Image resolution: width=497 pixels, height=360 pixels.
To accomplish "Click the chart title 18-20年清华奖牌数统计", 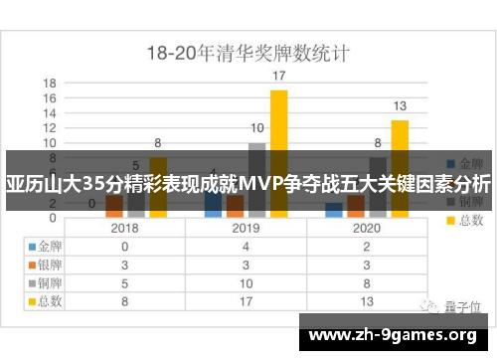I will [x=248, y=51].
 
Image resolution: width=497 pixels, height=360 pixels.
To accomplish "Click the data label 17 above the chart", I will [x=279, y=76].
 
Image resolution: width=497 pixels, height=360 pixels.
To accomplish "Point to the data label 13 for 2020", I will [x=400, y=105].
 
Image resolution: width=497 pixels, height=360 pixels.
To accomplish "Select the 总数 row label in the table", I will [x=47, y=299].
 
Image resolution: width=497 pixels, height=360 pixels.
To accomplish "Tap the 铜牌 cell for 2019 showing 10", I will [x=247, y=281].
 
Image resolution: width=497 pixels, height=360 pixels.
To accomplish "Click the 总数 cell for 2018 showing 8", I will [x=125, y=299].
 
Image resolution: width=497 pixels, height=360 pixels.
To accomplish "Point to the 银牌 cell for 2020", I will [x=368, y=265].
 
